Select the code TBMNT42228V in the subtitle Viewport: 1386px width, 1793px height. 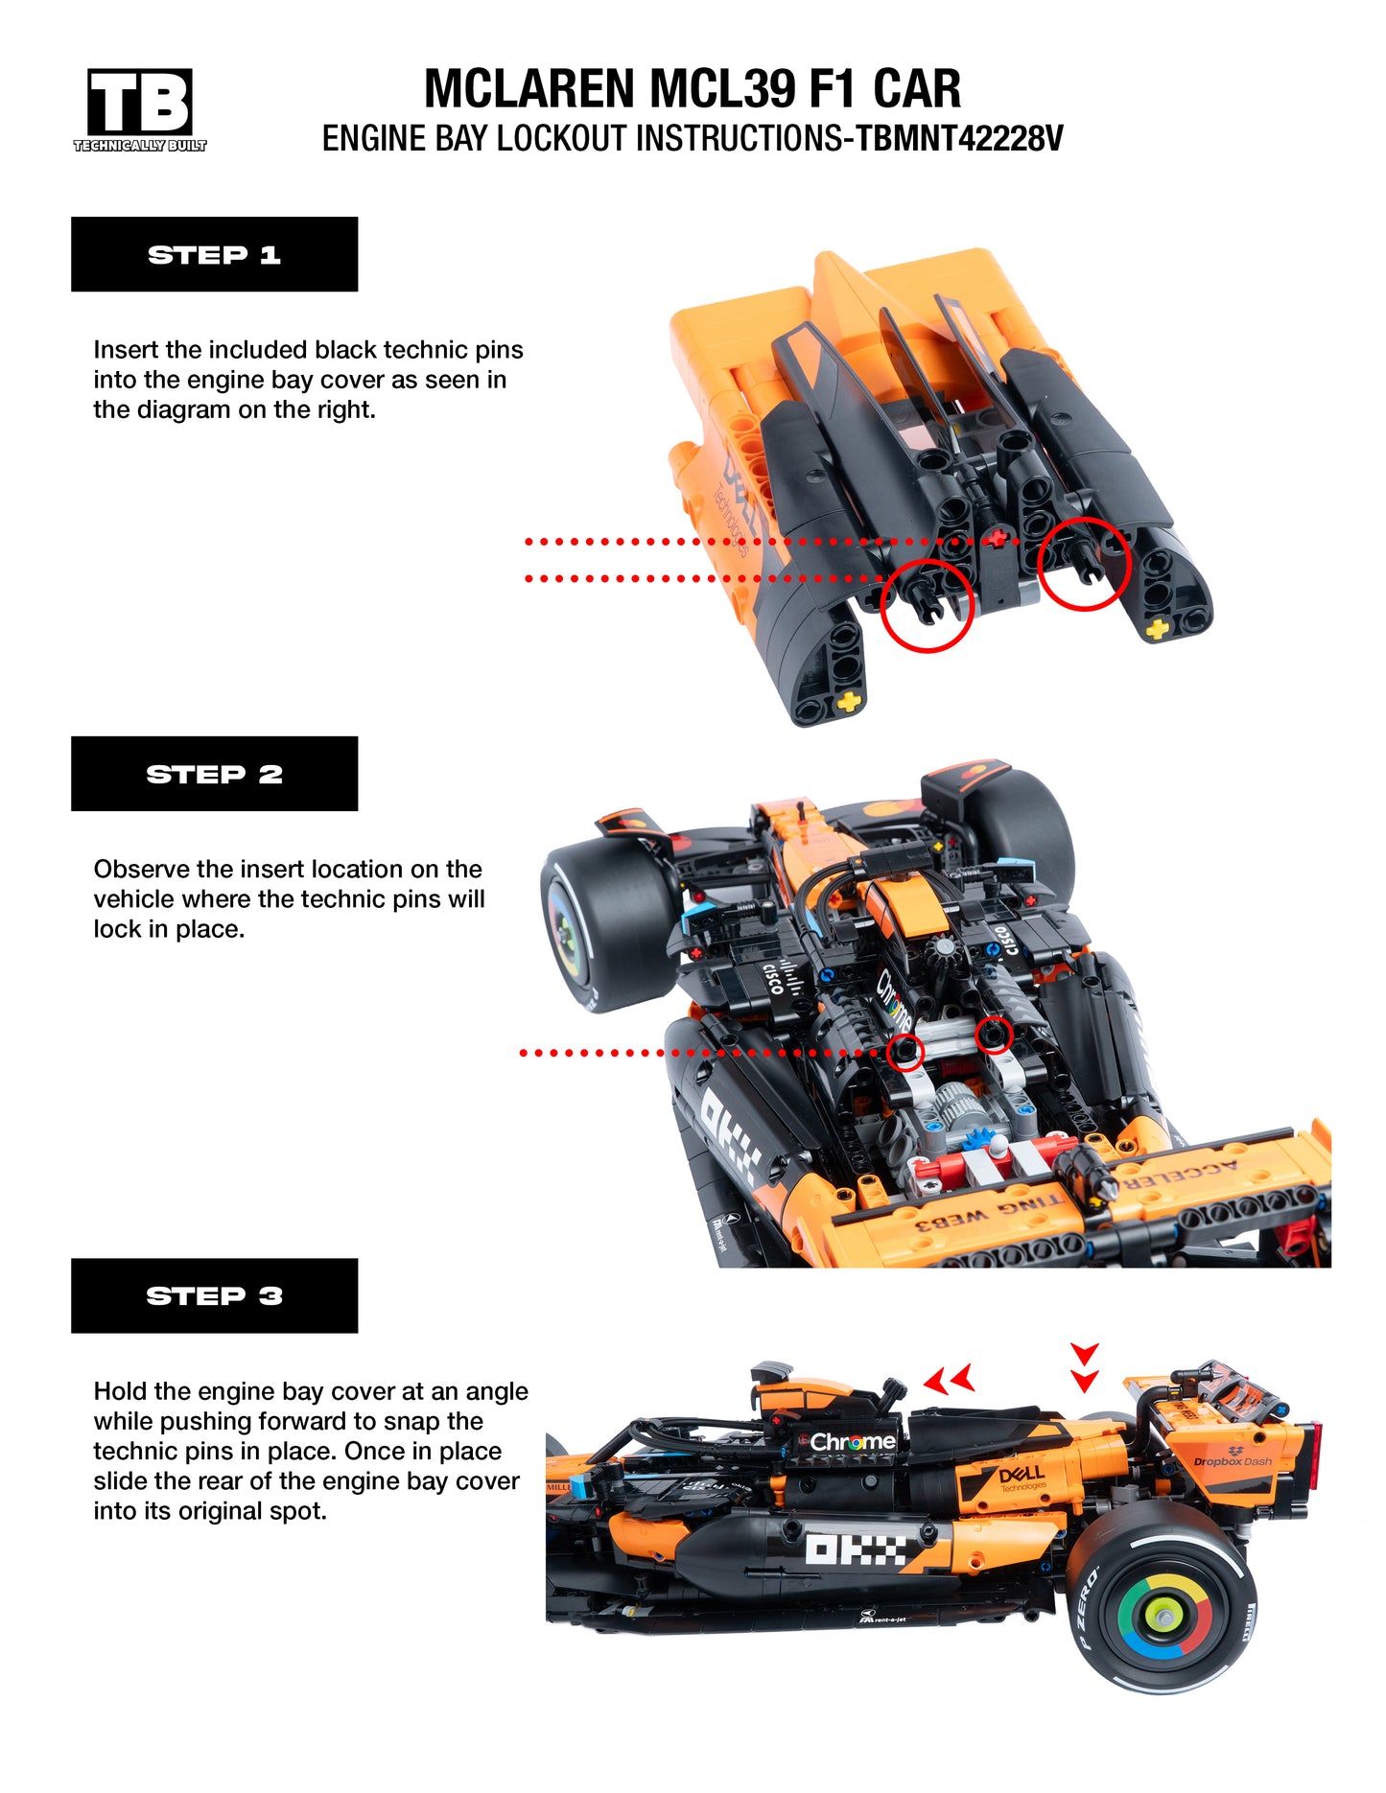click(958, 139)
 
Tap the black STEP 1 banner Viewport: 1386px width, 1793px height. click(214, 254)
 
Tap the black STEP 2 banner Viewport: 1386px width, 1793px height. click(214, 774)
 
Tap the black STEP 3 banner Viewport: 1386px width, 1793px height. click(214, 1295)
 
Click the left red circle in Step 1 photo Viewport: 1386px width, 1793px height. click(927, 606)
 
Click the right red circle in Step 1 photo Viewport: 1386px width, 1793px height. click(1085, 564)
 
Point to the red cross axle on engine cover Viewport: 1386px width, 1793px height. click(998, 539)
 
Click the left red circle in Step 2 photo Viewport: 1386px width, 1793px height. click(904, 1052)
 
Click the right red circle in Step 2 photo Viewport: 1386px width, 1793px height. click(994, 1035)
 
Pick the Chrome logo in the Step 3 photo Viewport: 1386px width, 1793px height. click(852, 1442)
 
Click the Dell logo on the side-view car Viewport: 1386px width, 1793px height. click(1021, 1477)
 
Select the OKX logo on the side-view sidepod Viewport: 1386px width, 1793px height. click(855, 1548)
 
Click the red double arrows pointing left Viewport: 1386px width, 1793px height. click(949, 1381)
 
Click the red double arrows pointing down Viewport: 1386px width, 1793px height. click(1085, 1368)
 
